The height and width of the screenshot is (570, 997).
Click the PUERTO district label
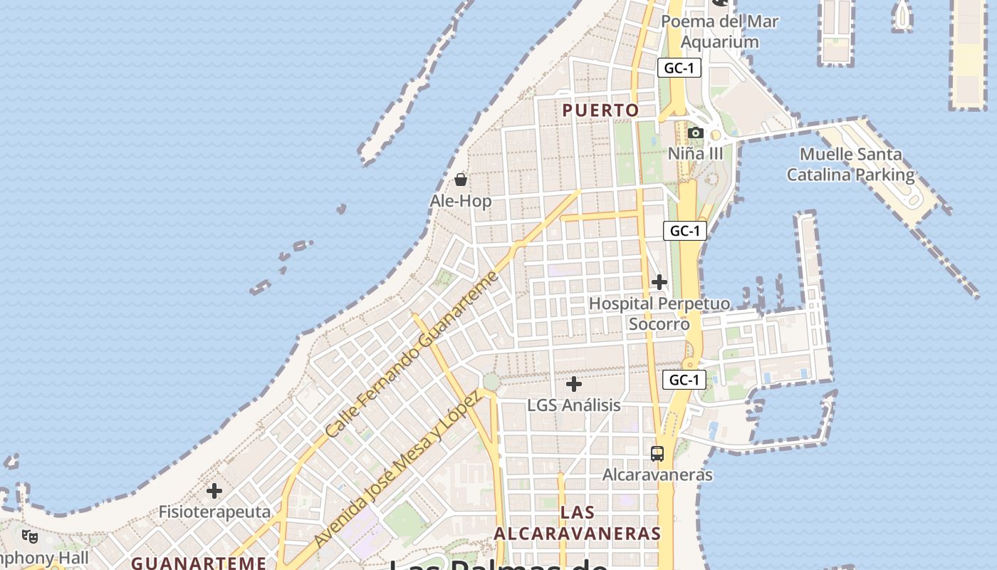[600, 110]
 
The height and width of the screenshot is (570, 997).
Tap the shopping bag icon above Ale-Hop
[461, 179]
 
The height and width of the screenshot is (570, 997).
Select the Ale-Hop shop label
[461, 201]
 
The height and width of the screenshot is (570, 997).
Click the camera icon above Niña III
[696, 133]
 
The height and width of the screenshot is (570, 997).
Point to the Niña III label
[695, 153]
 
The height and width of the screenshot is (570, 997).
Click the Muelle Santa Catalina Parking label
[850, 164]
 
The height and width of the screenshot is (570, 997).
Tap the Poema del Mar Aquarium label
[719, 31]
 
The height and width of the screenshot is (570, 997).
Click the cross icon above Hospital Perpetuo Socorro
[659, 282]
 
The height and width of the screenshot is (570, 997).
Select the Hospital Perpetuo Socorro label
[659, 313]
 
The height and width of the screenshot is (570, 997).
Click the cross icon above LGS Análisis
[574, 384]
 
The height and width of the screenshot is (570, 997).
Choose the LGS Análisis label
[574, 405]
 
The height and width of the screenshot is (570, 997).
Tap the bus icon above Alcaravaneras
[657, 453]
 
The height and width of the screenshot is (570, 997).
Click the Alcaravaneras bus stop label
[657, 475]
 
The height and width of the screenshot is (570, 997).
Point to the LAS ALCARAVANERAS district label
[578, 522]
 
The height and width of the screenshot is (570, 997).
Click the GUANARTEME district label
[199, 563]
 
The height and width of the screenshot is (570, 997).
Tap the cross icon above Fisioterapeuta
[214, 491]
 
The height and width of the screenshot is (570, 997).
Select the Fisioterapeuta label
[214, 512]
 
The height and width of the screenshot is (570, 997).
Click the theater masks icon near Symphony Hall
[30, 536]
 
